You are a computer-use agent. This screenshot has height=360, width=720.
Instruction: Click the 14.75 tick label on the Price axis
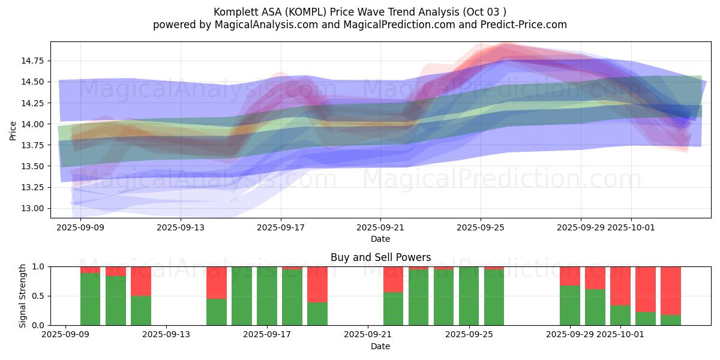click(32, 61)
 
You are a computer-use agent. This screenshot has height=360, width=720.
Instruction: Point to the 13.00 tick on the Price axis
click(32, 209)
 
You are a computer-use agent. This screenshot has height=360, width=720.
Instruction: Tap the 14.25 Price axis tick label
click(32, 103)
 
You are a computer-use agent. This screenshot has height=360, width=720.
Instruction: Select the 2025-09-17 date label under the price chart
click(280, 228)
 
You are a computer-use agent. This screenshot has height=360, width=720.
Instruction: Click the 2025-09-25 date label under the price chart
click(480, 228)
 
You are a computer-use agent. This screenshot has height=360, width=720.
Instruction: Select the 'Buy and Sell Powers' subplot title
click(380, 257)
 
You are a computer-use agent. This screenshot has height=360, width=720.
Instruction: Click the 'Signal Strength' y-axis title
click(23, 296)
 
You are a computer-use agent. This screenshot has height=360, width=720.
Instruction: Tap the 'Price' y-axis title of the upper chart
click(13, 130)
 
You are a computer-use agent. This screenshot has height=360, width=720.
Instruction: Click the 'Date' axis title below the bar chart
click(380, 346)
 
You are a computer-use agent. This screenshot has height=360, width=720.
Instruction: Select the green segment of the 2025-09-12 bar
click(140, 311)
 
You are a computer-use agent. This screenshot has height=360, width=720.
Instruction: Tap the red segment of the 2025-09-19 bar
click(317, 284)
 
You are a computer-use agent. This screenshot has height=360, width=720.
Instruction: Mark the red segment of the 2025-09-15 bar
click(217, 282)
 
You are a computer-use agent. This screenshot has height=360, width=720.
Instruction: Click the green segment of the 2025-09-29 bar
click(570, 305)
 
